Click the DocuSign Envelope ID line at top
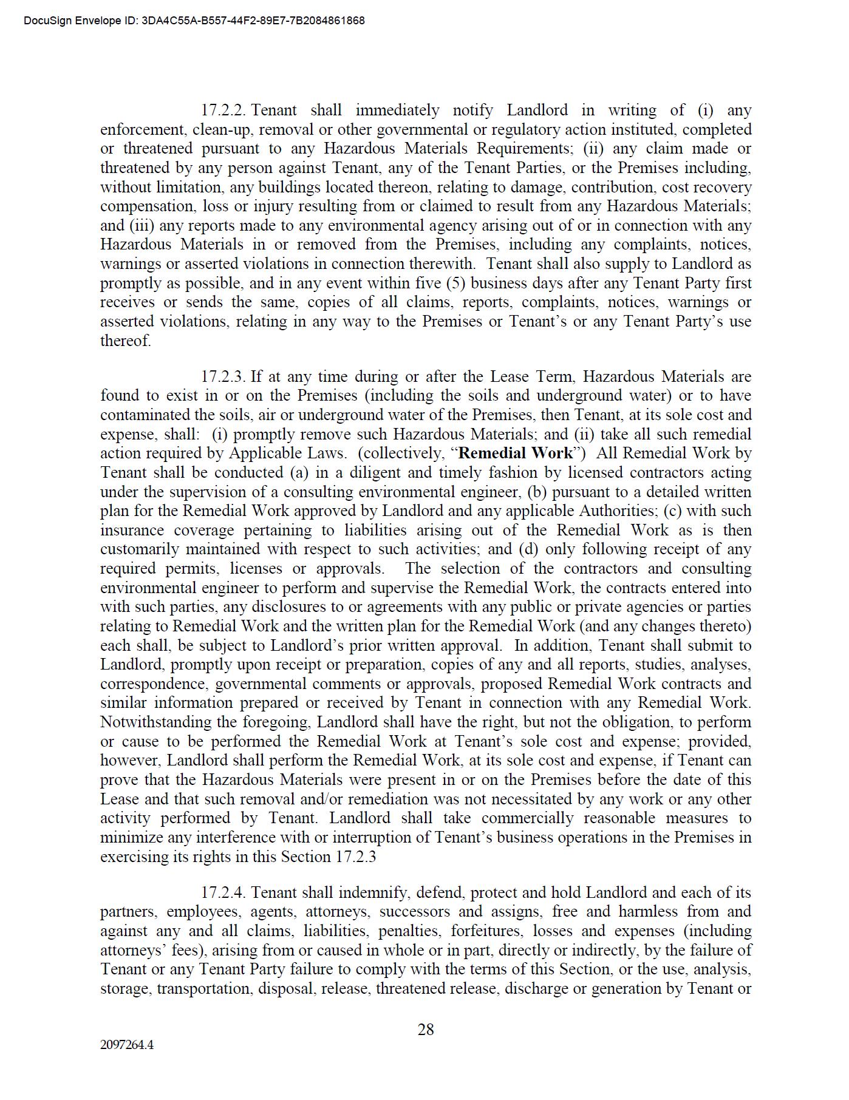click(194, 21)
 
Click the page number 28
click(426, 1030)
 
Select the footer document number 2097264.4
click(127, 1045)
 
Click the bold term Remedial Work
click(516, 453)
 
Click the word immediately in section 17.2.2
click(397, 110)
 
